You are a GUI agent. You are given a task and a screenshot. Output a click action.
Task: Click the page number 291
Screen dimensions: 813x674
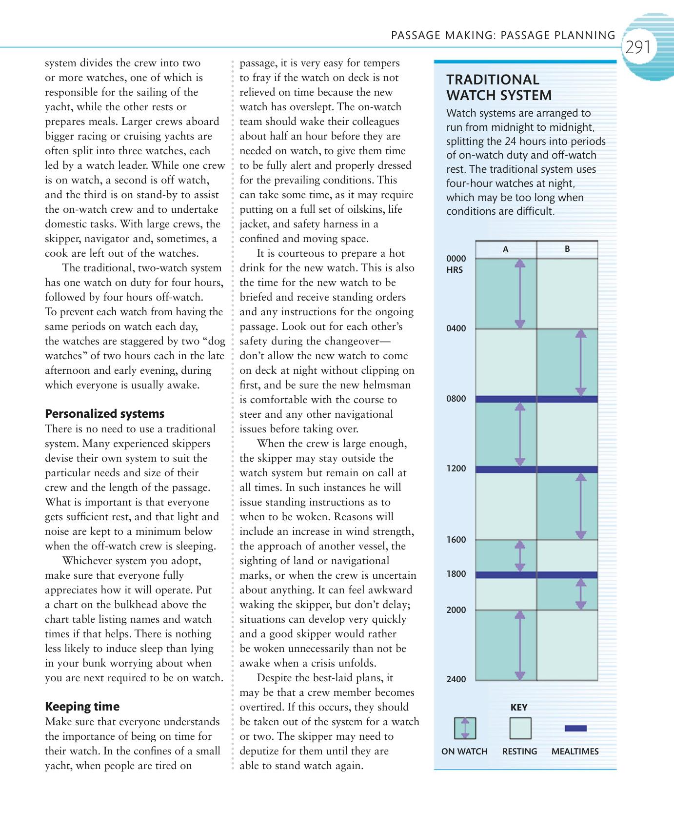[638, 47]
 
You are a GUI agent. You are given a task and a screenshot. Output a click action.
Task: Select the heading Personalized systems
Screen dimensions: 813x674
[104, 414]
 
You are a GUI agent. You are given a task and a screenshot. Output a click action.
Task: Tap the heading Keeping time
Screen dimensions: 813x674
[82, 707]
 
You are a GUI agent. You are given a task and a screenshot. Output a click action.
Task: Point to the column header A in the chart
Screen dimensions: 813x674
[506, 249]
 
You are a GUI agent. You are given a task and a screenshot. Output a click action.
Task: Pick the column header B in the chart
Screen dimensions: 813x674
[567, 249]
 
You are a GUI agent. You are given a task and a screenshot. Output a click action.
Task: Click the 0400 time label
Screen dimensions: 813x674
[456, 328]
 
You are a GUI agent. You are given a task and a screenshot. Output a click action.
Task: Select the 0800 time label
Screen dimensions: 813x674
[456, 399]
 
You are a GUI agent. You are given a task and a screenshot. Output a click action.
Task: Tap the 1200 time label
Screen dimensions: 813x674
[456, 468]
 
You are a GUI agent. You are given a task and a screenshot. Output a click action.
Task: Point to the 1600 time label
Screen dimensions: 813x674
[456, 540]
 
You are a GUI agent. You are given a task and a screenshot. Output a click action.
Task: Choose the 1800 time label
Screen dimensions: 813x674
[456, 574]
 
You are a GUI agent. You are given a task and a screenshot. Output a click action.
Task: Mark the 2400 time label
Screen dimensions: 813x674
[456, 679]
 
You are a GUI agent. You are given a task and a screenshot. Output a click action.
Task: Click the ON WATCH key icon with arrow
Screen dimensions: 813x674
[465, 728]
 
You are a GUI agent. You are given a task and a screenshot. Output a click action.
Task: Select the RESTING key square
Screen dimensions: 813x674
[520, 728]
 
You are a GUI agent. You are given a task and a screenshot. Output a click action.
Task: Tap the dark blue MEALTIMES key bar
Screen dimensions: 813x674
[575, 729]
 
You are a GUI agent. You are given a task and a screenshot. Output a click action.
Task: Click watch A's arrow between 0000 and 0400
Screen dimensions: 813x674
[520, 293]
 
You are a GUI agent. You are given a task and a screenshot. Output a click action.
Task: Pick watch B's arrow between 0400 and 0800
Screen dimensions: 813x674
[580, 363]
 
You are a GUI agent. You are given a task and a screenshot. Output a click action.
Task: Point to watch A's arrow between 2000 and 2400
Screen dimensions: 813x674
[520, 645]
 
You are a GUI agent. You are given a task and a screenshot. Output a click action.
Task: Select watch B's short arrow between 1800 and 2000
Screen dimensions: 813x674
[580, 594]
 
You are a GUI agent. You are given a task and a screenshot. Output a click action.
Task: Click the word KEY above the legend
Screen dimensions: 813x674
[519, 707]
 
